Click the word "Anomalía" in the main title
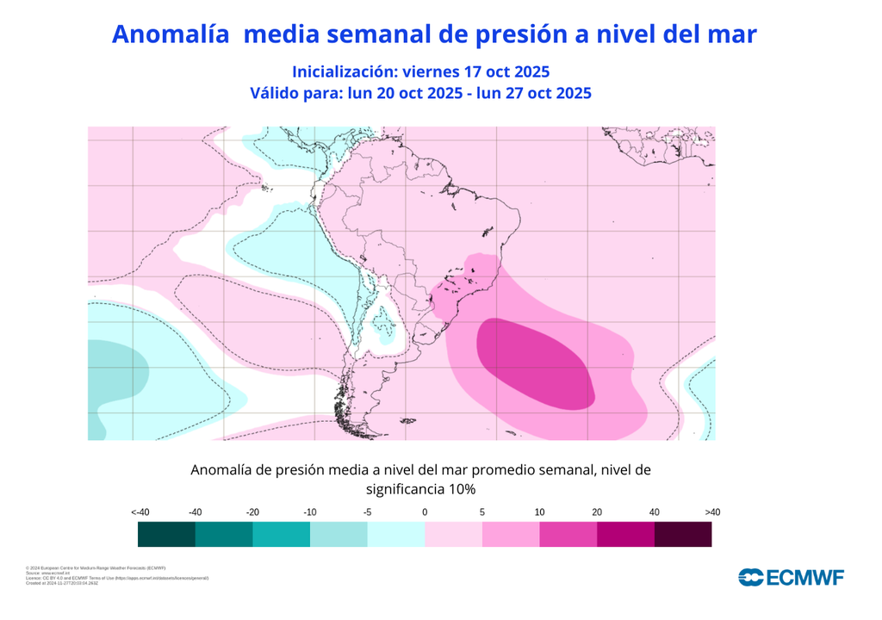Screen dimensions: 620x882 click(x=170, y=34)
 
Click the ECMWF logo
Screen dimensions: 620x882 click(x=791, y=578)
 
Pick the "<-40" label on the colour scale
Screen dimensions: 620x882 click(x=140, y=512)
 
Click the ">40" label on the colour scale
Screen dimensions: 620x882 click(x=712, y=512)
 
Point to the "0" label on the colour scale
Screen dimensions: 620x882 click(x=425, y=512)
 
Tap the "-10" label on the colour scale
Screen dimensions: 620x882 click(x=309, y=512)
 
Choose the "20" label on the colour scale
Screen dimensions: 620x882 click(x=597, y=512)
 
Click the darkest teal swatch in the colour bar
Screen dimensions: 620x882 click(x=166, y=535)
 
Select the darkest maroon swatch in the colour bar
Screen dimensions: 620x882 click(x=683, y=535)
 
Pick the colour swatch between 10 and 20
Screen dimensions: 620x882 click(x=568, y=535)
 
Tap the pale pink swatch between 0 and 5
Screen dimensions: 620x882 click(x=453, y=535)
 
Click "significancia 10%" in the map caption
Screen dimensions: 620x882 click(x=420, y=489)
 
